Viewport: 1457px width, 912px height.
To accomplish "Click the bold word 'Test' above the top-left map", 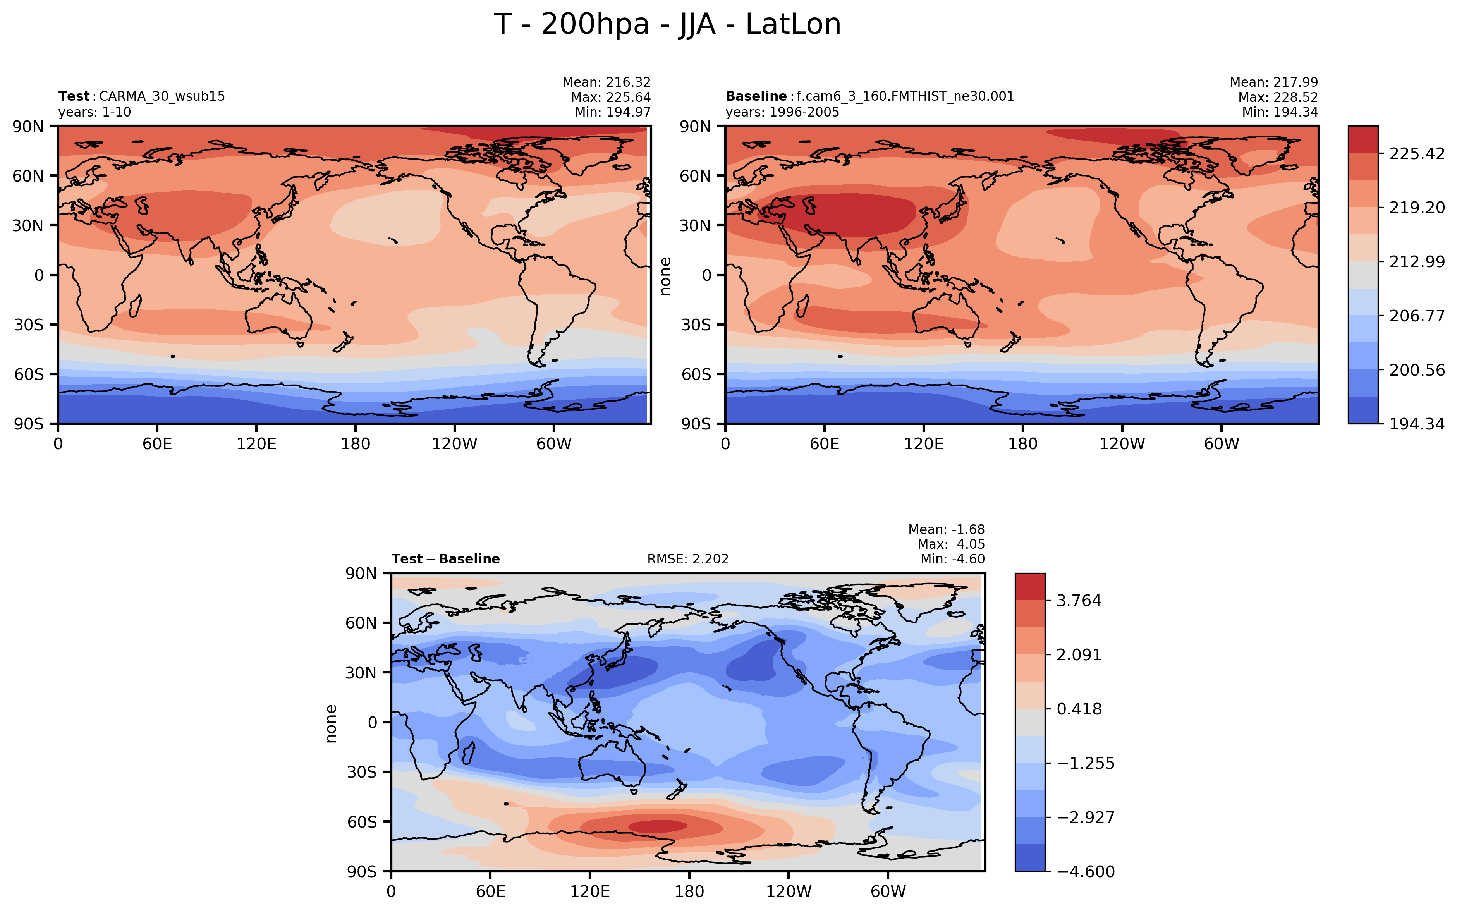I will [74, 96].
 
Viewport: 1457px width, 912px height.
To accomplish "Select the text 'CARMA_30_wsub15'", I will [162, 96].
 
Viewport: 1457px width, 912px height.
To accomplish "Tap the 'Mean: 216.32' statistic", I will [606, 82].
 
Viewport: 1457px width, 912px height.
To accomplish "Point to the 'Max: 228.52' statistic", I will [1278, 97].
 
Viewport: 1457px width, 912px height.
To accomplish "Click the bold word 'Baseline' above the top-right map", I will [756, 96].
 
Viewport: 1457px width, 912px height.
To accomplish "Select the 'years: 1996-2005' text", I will [782, 112].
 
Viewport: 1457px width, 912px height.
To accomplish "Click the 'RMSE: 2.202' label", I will [687, 559].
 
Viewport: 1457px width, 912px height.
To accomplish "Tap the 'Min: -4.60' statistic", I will [952, 559].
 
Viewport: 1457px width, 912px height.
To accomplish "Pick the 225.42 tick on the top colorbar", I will [1417, 154].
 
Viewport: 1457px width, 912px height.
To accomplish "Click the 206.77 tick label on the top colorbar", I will [1417, 316].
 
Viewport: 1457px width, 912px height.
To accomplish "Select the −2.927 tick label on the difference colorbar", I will [1086, 817].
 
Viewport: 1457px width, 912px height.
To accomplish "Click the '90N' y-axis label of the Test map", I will [28, 127].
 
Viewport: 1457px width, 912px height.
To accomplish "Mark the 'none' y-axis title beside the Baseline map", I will [665, 276].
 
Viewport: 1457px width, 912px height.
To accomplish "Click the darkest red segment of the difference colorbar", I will [1030, 587].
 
